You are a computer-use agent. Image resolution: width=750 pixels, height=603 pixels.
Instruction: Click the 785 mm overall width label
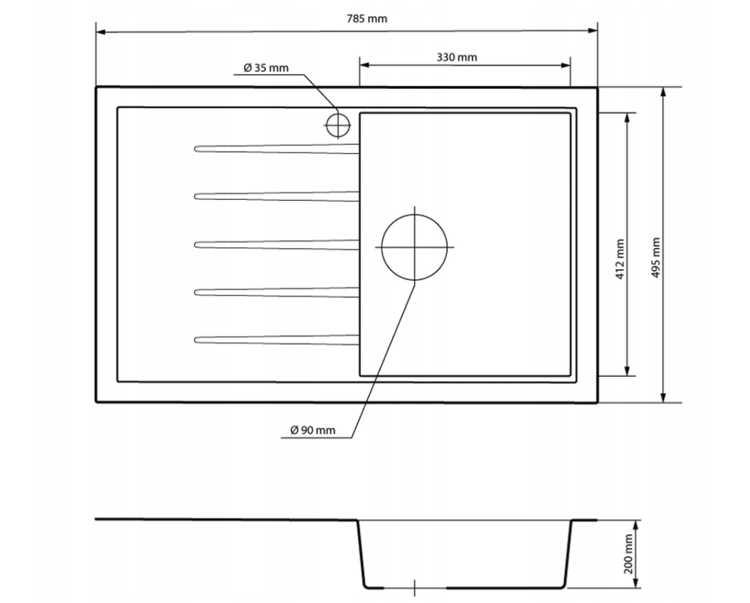366,19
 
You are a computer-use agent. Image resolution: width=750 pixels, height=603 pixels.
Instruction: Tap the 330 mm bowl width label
456,57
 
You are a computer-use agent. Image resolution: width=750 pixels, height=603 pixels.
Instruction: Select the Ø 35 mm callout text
266,68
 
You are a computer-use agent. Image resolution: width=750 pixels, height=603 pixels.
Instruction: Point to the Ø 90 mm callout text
313,430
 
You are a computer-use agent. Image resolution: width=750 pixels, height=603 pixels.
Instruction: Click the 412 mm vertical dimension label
620,260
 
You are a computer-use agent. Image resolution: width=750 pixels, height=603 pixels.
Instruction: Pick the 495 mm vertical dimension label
656,258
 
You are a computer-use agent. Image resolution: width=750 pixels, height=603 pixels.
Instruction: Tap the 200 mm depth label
628,554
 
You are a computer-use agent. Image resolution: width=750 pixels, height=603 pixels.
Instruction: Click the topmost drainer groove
276,149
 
